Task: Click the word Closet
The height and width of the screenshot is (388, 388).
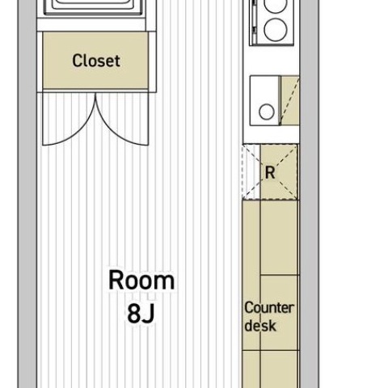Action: click(96, 61)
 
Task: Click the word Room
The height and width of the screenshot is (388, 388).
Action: click(141, 280)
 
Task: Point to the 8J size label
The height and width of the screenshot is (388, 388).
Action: click(141, 314)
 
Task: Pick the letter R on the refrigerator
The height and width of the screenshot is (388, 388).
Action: click(270, 173)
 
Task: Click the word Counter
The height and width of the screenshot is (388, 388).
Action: click(269, 308)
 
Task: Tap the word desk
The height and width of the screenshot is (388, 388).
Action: click(260, 325)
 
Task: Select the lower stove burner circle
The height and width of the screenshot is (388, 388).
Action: click(275, 30)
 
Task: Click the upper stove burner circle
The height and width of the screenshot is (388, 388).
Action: click(275, 6)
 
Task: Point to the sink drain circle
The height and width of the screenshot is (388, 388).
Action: click(267, 112)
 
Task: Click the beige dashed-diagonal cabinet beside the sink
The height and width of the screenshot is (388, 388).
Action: click(290, 101)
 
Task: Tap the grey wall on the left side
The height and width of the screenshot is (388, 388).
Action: click(27, 194)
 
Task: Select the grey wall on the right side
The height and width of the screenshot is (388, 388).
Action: click(310, 194)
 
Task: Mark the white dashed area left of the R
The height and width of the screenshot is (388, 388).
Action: click(251, 172)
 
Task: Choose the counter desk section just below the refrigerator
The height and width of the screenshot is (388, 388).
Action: click(271, 238)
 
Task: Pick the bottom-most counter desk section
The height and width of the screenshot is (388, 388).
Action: click(271, 369)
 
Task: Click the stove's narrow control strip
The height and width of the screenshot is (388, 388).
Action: click(255, 22)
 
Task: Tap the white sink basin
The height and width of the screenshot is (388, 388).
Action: click(265, 101)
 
